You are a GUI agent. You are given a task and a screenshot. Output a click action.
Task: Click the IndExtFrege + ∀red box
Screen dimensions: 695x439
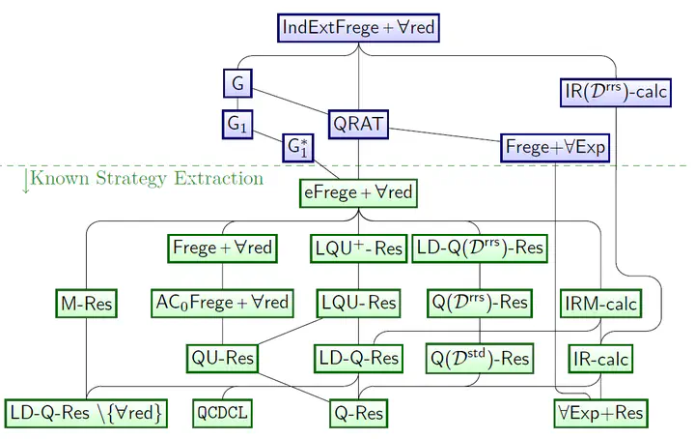click(x=358, y=28)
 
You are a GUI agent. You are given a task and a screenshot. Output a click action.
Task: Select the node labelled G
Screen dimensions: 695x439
click(x=237, y=83)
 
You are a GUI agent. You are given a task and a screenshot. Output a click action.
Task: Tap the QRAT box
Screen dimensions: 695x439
click(x=358, y=125)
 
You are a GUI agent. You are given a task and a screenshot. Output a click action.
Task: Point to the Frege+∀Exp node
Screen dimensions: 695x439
click(x=555, y=148)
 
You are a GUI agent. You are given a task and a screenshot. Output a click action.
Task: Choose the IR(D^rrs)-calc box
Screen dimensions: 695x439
click(x=616, y=92)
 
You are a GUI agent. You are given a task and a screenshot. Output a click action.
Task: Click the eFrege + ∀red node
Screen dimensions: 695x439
click(x=358, y=193)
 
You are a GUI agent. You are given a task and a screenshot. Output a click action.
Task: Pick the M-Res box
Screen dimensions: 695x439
click(x=87, y=304)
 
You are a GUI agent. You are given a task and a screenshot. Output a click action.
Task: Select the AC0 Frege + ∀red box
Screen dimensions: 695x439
click(x=222, y=304)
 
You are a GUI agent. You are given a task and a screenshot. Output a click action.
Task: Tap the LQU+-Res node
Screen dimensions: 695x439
click(x=358, y=249)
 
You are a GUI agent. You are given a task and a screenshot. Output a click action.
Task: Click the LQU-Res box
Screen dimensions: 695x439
click(x=358, y=304)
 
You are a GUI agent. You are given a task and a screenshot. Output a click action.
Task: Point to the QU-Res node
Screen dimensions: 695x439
click(x=222, y=359)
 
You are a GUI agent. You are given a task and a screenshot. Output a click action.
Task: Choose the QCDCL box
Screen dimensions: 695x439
click(x=222, y=414)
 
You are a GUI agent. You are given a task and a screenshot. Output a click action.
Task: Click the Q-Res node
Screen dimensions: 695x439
click(x=358, y=414)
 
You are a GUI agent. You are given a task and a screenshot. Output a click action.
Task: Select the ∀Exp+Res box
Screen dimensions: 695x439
click(x=600, y=414)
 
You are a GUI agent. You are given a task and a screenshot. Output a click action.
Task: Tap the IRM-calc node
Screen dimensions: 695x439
click(x=600, y=304)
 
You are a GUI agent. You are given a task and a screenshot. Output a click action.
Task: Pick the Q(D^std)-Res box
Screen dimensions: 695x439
click(x=480, y=359)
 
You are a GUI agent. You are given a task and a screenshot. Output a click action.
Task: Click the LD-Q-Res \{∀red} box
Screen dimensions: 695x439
click(x=86, y=414)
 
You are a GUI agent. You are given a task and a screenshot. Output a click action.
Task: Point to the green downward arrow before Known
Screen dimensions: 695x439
click(x=26, y=181)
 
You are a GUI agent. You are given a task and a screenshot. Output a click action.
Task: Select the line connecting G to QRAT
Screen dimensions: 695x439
click(x=291, y=102)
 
